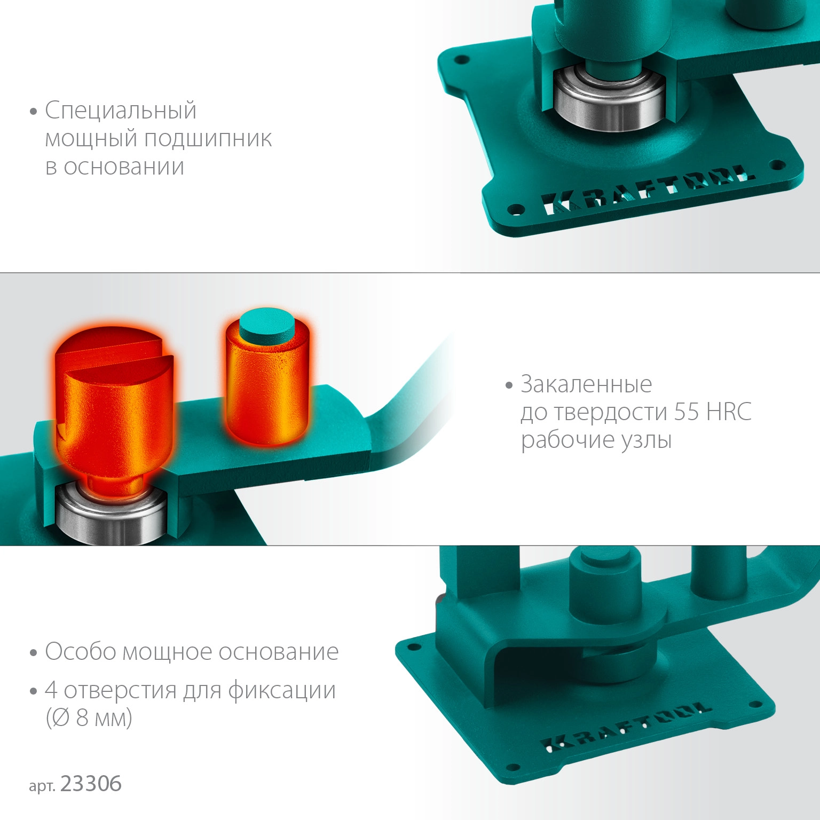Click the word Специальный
coord(121,111)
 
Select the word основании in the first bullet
coord(124,167)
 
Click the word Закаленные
coord(586,384)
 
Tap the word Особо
coord(80,651)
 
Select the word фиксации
coord(282,690)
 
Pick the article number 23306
coord(91,784)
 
